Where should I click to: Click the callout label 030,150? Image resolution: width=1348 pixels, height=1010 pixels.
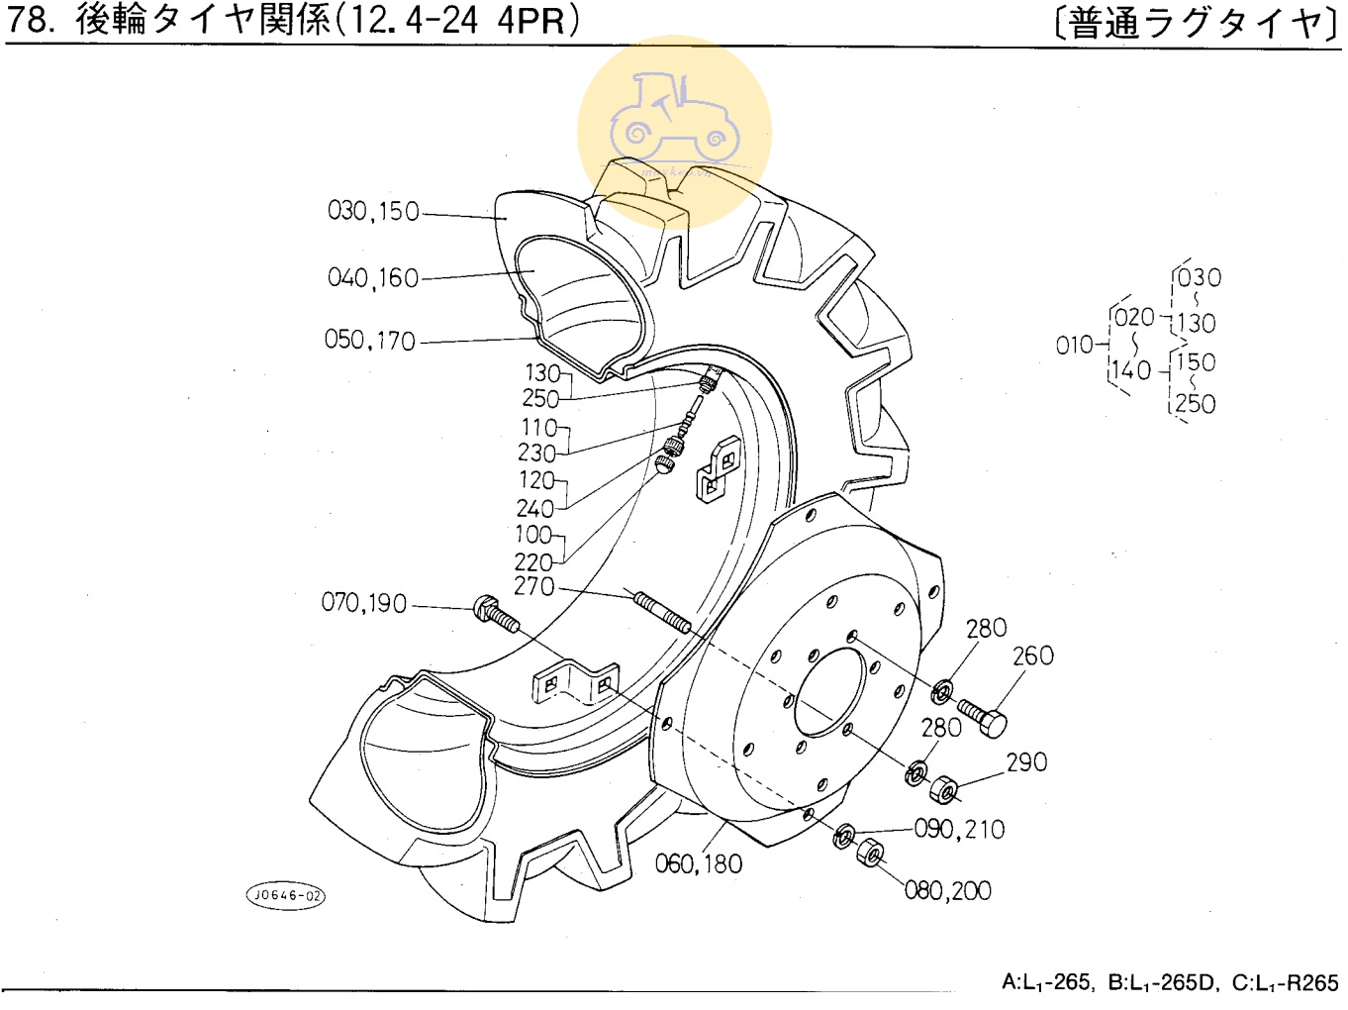point(373,211)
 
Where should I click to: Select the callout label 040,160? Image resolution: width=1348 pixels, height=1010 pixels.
point(373,278)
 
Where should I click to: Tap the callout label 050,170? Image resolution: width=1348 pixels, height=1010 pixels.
point(370,341)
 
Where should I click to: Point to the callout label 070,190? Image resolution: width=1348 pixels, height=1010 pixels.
point(364,603)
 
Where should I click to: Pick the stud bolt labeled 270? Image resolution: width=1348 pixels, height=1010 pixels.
point(662,611)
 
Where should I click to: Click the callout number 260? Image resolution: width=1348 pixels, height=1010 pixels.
point(1032,656)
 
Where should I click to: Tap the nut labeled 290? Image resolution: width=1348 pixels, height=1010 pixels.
point(944,790)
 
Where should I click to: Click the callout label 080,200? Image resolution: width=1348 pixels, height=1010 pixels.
point(947,891)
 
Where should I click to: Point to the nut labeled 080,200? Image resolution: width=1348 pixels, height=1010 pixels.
point(870,852)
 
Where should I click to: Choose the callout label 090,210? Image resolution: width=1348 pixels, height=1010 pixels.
point(959,829)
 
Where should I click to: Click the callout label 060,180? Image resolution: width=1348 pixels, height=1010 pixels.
point(698,864)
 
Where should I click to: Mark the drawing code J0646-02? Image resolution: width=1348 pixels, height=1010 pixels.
point(285,896)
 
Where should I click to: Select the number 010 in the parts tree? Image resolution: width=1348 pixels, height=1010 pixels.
point(1075,346)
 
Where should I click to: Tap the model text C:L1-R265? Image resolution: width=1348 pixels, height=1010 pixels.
point(1285,983)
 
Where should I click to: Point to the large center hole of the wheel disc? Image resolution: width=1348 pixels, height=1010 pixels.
point(828,692)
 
